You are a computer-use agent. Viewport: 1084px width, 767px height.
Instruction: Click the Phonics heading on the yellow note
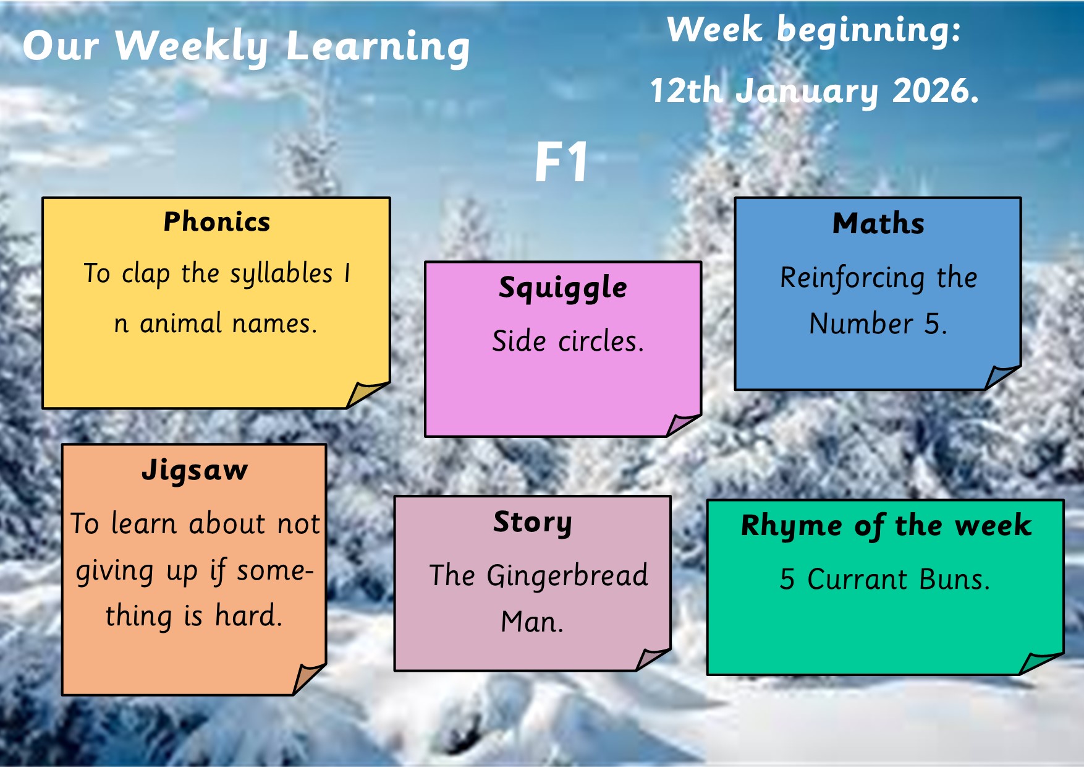click(x=217, y=221)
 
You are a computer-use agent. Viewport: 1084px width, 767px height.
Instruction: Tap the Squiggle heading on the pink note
click(x=563, y=288)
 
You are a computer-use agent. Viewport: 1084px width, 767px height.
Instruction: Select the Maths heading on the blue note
click(x=878, y=223)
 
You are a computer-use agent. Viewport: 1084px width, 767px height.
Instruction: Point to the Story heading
click(x=533, y=523)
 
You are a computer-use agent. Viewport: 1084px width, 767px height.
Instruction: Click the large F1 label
click(x=561, y=162)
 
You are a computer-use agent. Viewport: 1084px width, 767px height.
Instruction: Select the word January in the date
click(x=807, y=93)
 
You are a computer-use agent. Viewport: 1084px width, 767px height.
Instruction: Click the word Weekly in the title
click(x=192, y=48)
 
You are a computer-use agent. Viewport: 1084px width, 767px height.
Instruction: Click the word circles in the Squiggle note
click(x=601, y=341)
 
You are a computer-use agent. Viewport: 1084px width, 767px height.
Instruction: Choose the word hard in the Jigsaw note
click(x=248, y=616)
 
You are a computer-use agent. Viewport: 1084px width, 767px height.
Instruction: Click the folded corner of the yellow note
click(x=366, y=395)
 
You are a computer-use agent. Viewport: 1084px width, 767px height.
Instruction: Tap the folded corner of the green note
click(x=1040, y=663)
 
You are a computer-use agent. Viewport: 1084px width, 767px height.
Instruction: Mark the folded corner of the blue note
click(x=1001, y=377)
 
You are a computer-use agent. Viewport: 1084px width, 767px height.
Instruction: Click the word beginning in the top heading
click(x=869, y=31)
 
